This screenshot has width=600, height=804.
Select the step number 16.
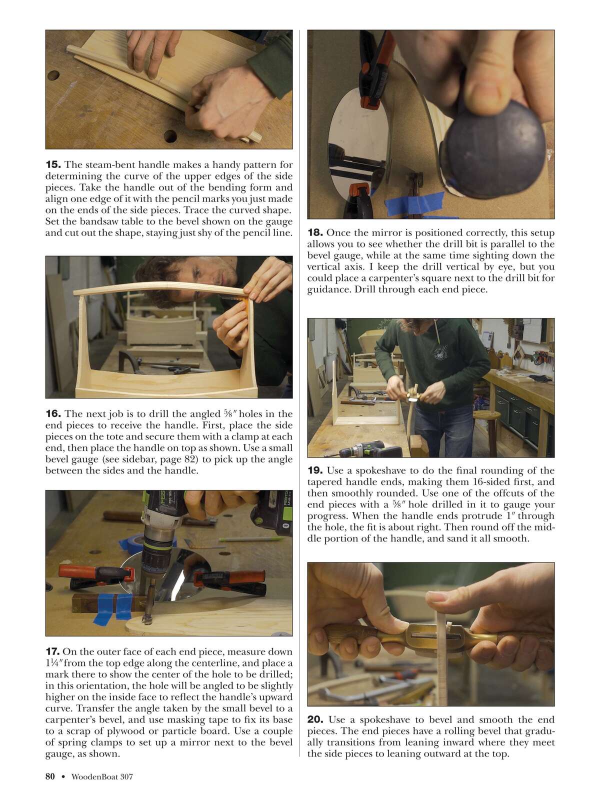tap(53, 413)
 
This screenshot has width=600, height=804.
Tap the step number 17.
tap(52, 651)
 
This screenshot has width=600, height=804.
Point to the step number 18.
tap(315, 232)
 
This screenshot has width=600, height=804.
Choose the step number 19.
tap(315, 470)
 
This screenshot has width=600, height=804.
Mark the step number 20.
tap(315, 719)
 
